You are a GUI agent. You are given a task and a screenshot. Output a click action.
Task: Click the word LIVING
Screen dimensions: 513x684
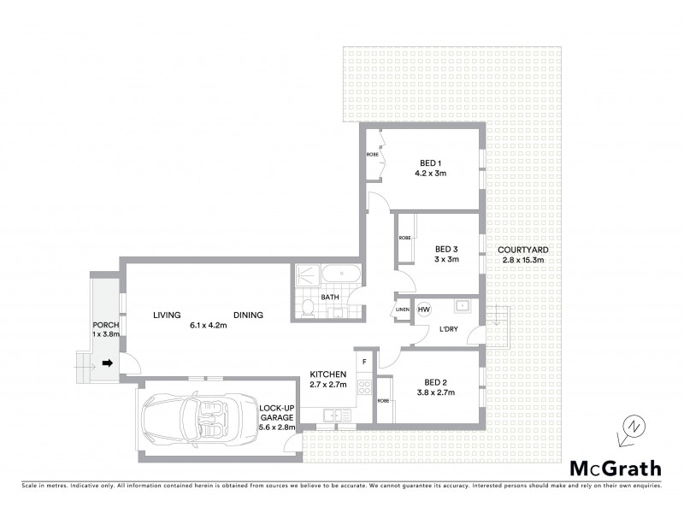tap(167, 315)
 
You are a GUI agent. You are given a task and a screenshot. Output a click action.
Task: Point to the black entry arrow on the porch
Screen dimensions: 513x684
tap(108, 363)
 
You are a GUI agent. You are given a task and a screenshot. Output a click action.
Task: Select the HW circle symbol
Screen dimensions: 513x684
tap(424, 309)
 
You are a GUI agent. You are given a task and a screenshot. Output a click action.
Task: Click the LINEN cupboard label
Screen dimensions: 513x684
tap(402, 310)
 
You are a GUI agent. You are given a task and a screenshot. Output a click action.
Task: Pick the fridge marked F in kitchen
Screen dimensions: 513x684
tap(364, 361)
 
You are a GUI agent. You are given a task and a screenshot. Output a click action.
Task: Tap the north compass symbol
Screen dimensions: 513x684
tap(630, 427)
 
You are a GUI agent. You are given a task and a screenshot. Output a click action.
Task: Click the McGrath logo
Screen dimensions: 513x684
tap(615, 468)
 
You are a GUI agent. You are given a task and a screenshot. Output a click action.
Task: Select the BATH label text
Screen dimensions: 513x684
tap(330, 298)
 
